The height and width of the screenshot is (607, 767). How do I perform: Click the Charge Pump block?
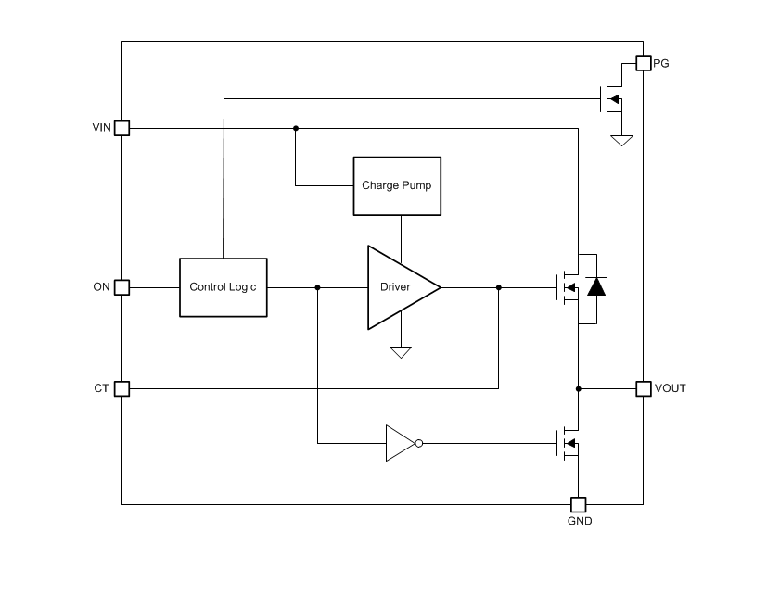(398, 185)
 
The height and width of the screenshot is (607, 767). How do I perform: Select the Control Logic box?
(223, 287)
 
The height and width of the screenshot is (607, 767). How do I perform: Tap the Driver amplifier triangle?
(397, 287)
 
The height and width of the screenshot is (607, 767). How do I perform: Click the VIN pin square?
(121, 128)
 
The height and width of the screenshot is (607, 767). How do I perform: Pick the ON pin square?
(121, 287)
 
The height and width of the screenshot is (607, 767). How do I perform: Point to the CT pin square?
(121, 388)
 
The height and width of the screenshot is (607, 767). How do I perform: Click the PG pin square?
(643, 63)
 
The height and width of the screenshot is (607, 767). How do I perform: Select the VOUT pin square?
(643, 388)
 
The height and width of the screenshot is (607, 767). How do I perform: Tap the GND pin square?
(578, 504)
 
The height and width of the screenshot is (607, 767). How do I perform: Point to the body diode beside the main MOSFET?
(596, 287)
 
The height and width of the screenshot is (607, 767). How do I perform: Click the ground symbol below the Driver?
(401, 352)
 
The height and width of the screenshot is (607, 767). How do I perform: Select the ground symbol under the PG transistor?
(621, 140)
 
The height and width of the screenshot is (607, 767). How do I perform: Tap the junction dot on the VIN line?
(296, 128)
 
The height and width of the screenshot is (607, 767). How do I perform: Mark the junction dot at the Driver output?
(499, 287)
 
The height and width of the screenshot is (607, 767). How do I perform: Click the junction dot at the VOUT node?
(578, 388)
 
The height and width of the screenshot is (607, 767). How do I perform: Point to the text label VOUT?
(671, 388)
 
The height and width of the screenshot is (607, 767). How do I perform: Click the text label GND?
(579, 521)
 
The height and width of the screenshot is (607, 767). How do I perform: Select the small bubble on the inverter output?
(419, 443)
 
